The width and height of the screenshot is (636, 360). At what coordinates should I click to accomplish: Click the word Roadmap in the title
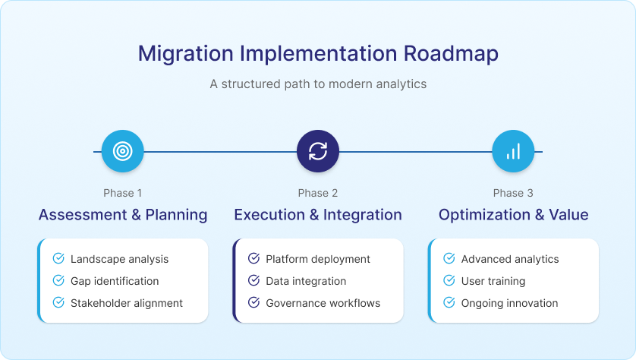[451, 54]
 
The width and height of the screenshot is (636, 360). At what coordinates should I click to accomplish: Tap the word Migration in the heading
[186, 55]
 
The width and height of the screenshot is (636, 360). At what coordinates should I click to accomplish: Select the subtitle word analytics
[401, 84]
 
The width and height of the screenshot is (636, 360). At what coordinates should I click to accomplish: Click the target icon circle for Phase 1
[122, 151]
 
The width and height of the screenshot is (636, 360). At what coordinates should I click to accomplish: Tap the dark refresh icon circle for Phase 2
[318, 151]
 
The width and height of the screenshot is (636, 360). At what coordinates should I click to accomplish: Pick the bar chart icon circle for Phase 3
[513, 151]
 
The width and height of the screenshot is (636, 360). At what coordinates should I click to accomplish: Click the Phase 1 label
[122, 193]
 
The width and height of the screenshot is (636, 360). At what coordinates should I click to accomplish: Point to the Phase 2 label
[318, 193]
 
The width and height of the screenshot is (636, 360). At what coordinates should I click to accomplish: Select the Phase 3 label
[513, 193]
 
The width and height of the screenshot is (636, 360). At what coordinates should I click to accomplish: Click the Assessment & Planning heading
[123, 215]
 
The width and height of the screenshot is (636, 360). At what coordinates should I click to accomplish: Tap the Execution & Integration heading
[318, 215]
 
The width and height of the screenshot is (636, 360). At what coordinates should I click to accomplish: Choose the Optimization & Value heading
[514, 215]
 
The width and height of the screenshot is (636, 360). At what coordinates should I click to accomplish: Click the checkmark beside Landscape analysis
[58, 258]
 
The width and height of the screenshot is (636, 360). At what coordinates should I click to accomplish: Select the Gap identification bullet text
[115, 281]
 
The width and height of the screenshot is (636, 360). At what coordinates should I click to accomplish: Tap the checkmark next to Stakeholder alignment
[58, 302]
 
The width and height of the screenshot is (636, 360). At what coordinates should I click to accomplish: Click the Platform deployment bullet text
[318, 259]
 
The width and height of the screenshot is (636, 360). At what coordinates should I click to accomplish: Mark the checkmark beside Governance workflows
[254, 302]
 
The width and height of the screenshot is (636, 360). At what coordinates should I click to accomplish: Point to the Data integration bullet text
[307, 281]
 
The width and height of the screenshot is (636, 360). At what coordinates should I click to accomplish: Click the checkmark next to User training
[449, 280]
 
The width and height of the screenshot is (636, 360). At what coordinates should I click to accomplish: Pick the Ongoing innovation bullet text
[510, 303]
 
